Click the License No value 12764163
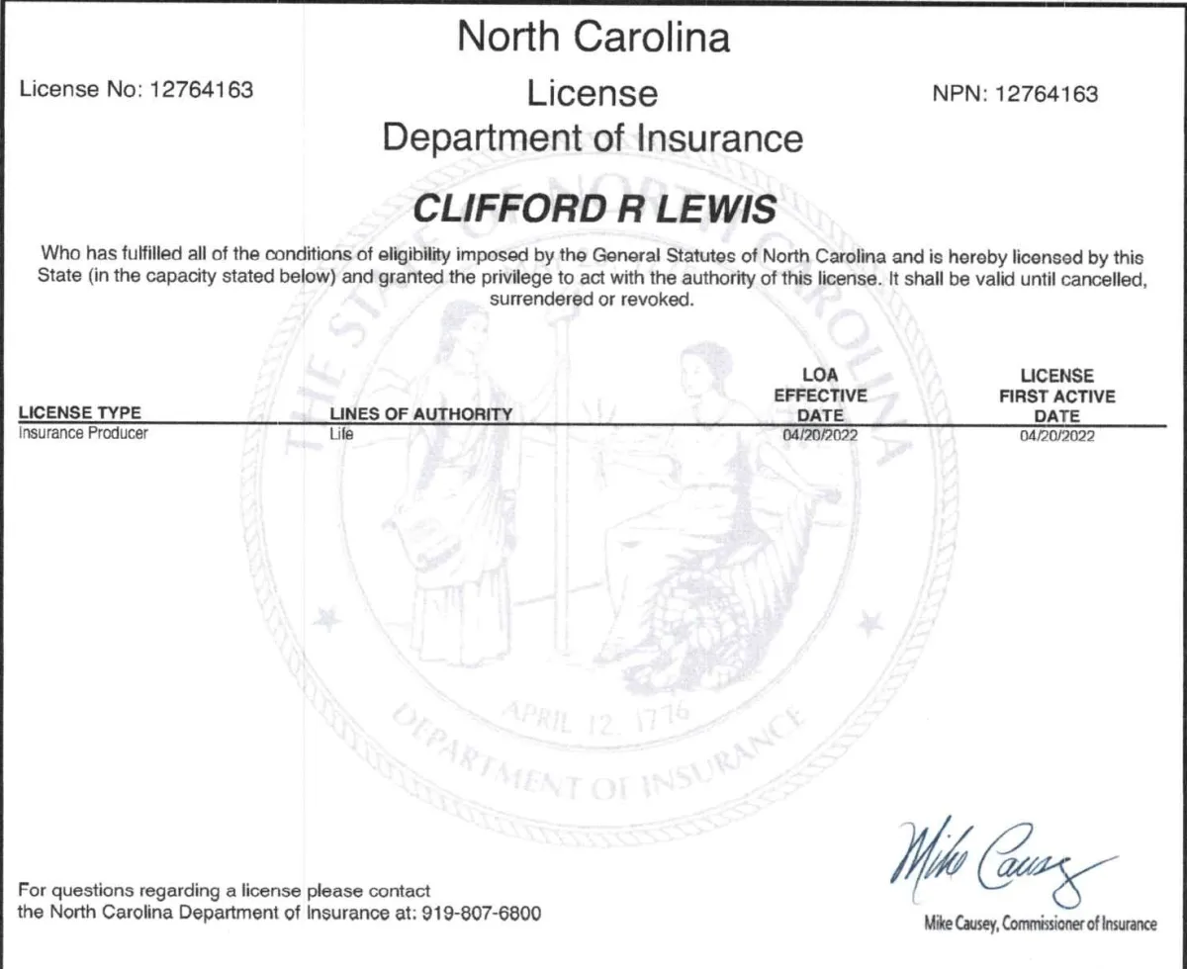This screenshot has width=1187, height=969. (201, 90)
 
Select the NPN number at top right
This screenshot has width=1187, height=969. (1047, 94)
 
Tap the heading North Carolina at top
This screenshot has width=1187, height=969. (593, 38)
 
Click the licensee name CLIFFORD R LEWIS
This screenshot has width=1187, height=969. (593, 208)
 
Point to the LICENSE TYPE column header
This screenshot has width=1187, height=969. (80, 412)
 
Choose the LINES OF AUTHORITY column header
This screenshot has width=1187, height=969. (420, 414)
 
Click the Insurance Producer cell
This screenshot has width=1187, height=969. (84, 433)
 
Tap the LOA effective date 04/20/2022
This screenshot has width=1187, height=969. (819, 434)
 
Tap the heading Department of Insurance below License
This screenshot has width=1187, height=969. (593, 137)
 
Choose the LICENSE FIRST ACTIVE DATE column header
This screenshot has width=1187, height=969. (1056, 396)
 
